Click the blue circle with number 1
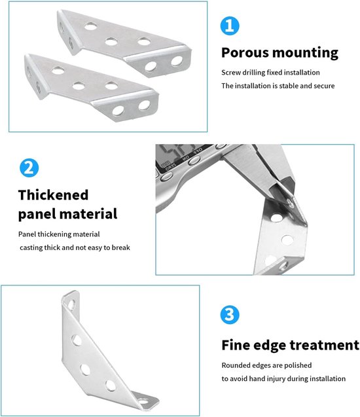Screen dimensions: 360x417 coord(230,26)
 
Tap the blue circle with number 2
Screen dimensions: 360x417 coord(29,168)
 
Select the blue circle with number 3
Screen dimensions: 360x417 coord(230,315)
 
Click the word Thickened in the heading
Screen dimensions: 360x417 coord(53,194)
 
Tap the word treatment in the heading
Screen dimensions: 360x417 coord(325,345)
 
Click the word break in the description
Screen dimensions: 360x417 coord(121,247)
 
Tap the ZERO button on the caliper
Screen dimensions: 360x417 coord(166,176)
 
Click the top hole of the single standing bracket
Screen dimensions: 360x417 coord(71,304)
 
